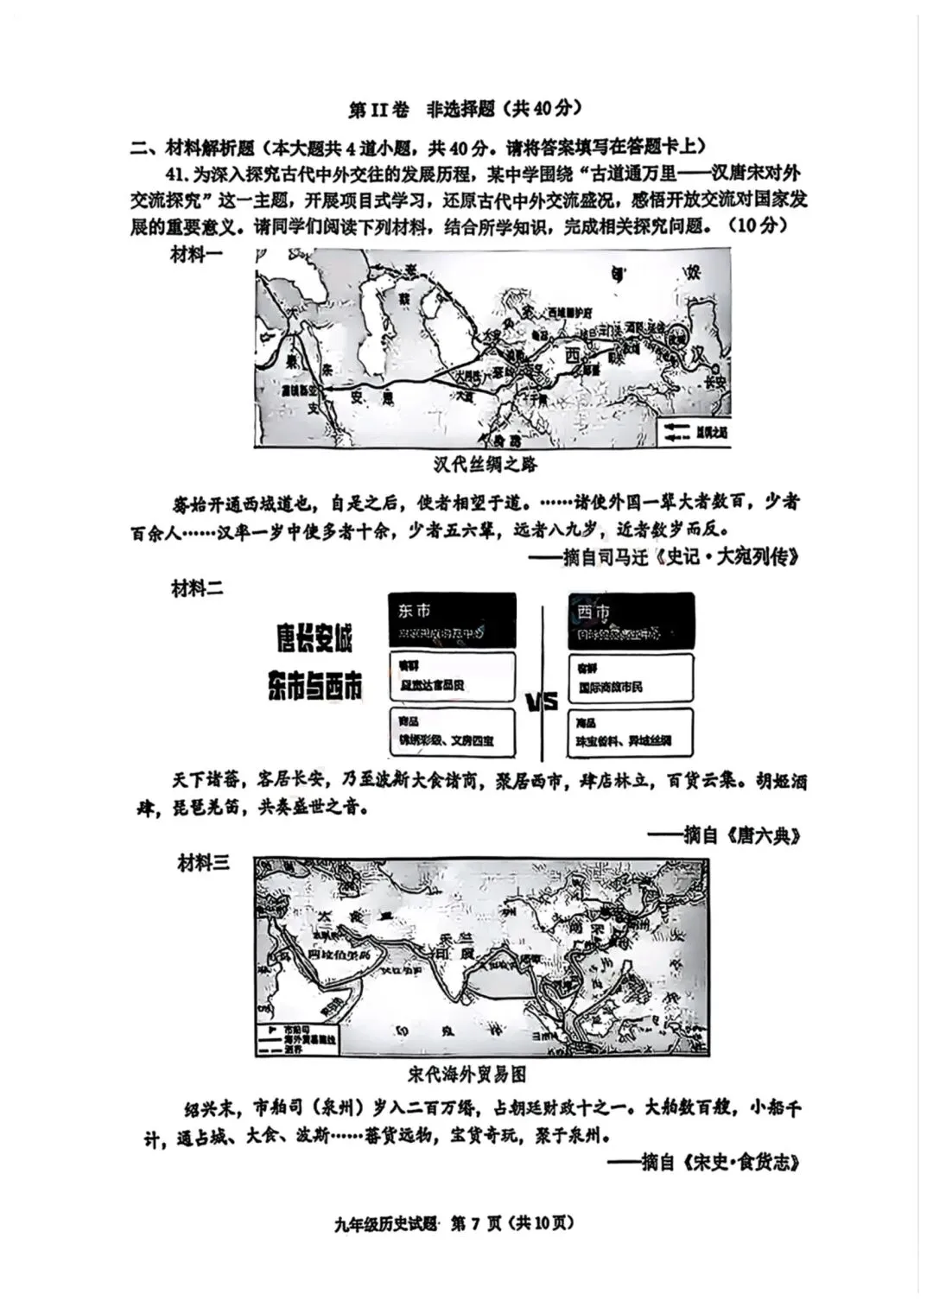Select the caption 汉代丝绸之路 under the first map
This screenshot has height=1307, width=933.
(486, 465)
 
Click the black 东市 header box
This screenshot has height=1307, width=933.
(452, 620)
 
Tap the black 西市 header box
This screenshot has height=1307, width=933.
(632, 620)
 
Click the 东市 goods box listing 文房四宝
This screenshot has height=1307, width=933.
(453, 733)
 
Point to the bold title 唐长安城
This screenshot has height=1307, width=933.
(314, 640)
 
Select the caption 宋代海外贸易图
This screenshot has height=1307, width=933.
(467, 1075)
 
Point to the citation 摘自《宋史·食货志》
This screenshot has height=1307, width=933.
(720, 1163)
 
